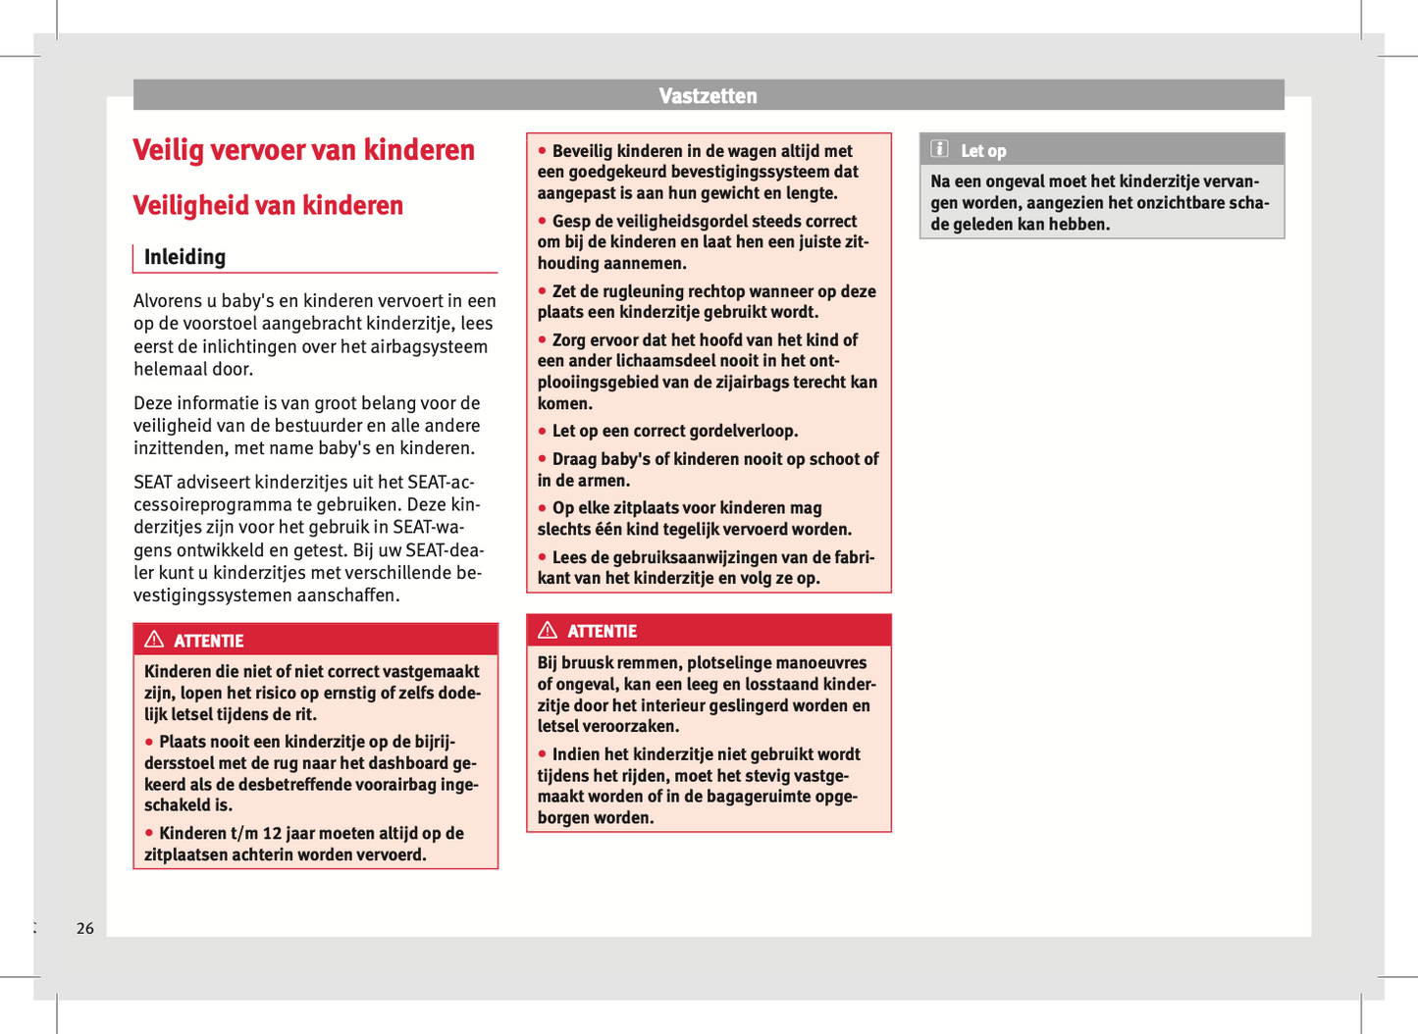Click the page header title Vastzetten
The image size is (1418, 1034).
point(708,96)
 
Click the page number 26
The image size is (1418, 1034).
point(85,928)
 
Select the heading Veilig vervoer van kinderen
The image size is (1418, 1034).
point(303,150)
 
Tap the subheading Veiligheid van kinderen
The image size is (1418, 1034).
point(268,205)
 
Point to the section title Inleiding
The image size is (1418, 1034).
point(184,257)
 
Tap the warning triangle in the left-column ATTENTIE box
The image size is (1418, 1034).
point(154,640)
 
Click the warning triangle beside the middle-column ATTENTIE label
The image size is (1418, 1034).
point(548,631)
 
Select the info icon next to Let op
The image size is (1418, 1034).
point(940,149)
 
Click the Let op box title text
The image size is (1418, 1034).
point(983,151)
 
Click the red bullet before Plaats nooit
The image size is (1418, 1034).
point(149,742)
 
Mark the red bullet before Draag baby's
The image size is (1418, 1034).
point(542,459)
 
